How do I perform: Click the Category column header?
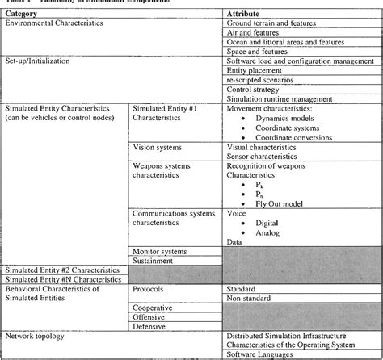[23, 15]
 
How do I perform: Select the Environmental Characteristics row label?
[55, 25]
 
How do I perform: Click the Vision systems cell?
[158, 148]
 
